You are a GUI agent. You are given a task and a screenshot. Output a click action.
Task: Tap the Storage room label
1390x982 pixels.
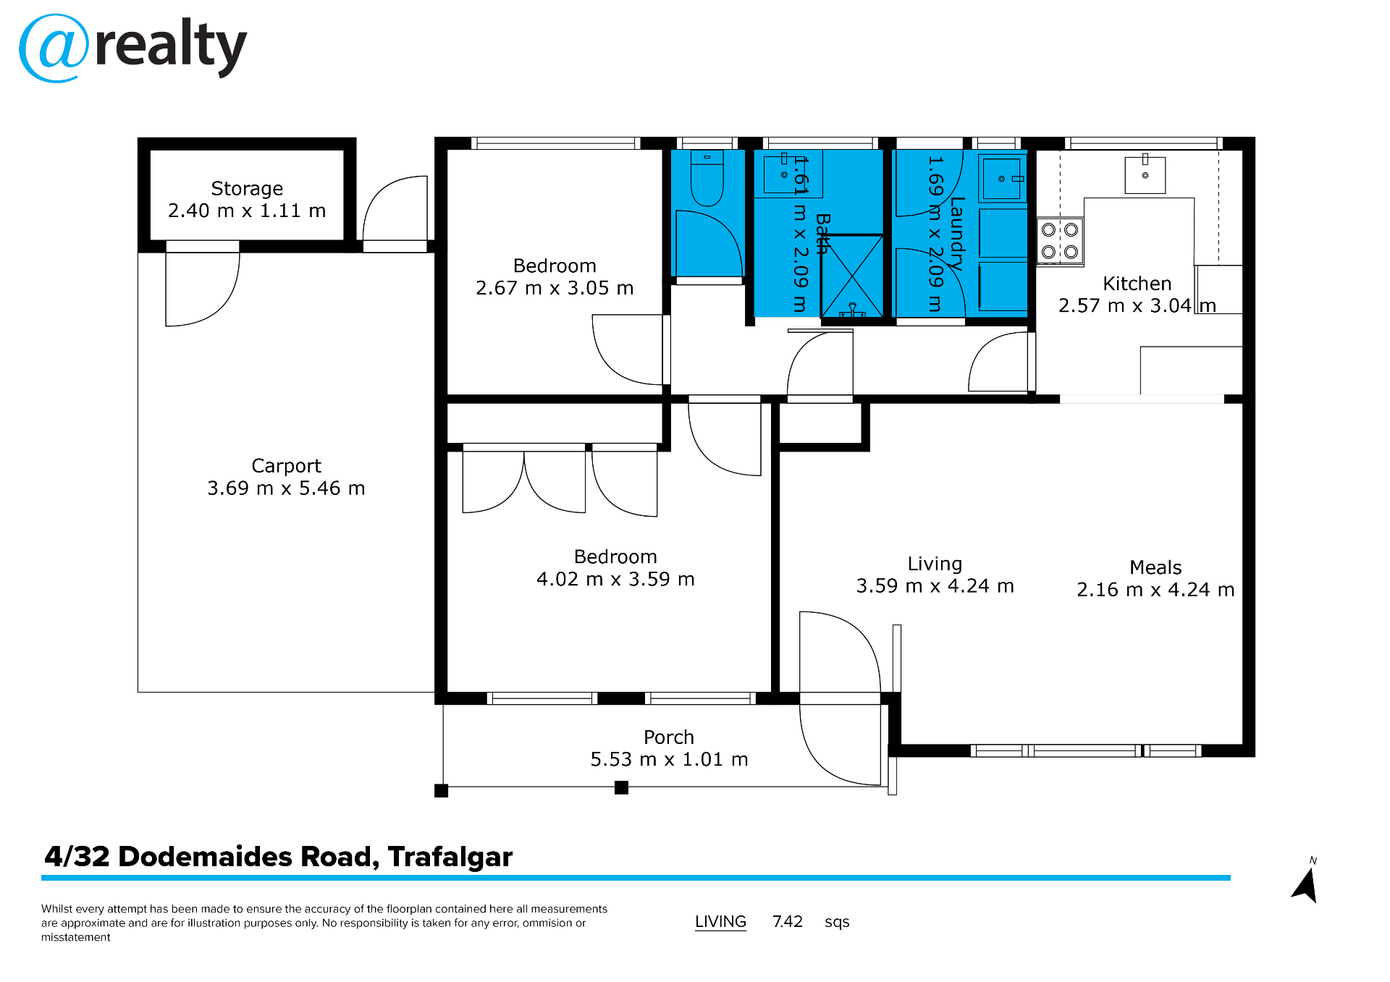coord(247,189)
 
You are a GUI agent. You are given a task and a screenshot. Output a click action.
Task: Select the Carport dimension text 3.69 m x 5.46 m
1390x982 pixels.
coord(286,488)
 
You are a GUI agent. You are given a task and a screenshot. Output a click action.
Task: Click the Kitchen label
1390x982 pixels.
coord(1137,284)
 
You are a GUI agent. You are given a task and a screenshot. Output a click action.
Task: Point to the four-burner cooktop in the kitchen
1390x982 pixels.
coord(1060,241)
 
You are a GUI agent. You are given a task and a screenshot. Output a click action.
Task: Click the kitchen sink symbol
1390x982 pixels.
coord(1145,175)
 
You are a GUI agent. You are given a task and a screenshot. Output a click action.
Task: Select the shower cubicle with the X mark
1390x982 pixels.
coord(852,276)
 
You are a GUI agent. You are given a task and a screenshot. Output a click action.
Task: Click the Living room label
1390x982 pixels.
coord(935,564)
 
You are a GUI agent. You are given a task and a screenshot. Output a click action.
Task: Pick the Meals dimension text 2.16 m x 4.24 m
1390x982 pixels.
coord(1155,590)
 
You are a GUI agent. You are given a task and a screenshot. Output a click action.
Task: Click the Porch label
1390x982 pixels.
coord(668,737)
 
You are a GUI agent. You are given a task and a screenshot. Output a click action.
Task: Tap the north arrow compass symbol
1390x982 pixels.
coord(1306,884)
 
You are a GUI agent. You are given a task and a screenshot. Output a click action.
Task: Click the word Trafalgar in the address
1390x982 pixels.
coord(450,857)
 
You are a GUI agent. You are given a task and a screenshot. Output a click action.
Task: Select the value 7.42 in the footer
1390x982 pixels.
coord(787,921)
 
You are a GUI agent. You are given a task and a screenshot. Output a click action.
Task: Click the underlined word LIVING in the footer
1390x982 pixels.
coord(720,921)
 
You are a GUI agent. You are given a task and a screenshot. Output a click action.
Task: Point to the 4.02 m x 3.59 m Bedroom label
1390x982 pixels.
coord(615,568)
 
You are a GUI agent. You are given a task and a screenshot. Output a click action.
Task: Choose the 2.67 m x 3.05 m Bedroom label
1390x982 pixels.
coord(555,277)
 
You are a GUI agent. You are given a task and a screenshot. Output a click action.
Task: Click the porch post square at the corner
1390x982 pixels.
coord(441,790)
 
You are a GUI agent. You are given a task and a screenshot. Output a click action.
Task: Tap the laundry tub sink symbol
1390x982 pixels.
coord(1002,178)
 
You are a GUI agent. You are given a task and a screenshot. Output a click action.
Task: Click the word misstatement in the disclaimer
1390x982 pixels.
coord(76,937)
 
